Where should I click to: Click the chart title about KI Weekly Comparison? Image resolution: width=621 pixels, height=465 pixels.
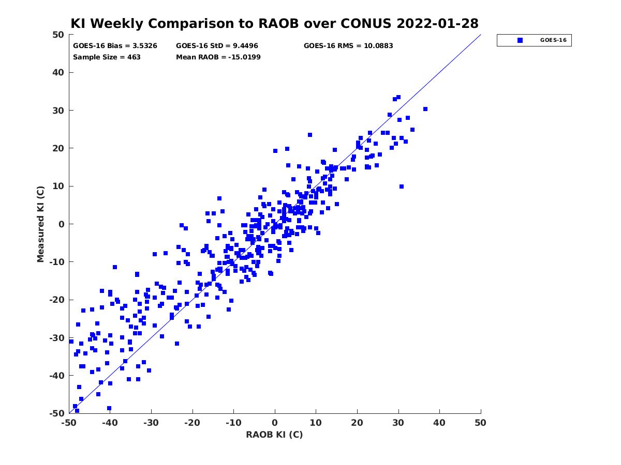[x=274, y=23]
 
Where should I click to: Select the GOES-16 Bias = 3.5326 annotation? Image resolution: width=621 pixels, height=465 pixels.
[x=115, y=46]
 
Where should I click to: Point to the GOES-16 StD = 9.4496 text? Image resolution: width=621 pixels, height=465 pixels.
[x=217, y=46]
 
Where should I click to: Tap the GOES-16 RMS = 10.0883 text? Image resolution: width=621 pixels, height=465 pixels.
[x=348, y=46]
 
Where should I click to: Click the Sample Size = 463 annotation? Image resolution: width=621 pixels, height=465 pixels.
[x=107, y=57]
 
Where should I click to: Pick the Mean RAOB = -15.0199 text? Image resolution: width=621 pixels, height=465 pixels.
[x=218, y=57]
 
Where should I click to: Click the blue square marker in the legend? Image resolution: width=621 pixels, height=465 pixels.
[x=520, y=40]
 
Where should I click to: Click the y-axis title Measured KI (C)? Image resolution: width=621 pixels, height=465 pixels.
[x=41, y=224]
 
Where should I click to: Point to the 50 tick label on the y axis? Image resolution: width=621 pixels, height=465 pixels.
[x=58, y=35]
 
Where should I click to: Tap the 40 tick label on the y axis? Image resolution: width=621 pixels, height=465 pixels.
[x=58, y=72]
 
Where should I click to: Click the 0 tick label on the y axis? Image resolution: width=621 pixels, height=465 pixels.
[x=62, y=224]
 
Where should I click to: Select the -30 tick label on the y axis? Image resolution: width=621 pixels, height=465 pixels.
[x=57, y=338]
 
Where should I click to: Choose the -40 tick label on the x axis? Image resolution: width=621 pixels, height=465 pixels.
[x=110, y=423]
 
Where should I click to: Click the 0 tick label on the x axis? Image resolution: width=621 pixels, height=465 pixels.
[x=275, y=423]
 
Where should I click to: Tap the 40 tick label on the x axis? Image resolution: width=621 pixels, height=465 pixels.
[x=439, y=423]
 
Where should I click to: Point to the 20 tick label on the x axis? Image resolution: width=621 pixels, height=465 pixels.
[x=357, y=423]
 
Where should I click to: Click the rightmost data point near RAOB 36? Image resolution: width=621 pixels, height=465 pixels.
[x=425, y=109]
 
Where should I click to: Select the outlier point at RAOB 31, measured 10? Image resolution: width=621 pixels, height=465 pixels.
[x=401, y=187]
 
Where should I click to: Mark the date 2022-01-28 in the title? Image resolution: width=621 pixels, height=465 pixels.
[x=437, y=23]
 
